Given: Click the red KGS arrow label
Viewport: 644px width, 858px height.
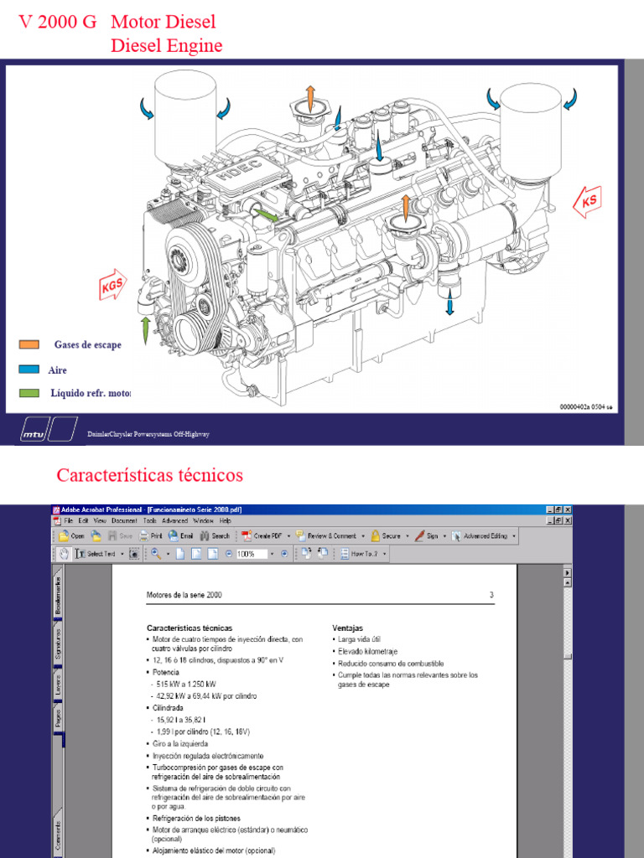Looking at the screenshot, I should point(112,285).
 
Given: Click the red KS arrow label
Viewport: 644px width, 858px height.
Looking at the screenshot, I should point(589,201).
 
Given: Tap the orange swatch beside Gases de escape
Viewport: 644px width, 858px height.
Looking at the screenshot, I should point(29,344).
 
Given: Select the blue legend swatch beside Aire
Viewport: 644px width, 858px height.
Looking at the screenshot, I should point(29,369).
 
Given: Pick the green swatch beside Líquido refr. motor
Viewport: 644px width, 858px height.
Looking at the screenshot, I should point(29,392).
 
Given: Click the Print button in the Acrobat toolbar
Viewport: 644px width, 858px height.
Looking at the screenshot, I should point(151,535).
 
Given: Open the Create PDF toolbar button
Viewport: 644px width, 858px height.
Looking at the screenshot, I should point(265,535).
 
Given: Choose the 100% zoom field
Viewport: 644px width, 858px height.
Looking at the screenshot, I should point(250,554).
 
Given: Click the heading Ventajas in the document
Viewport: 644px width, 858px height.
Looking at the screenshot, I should point(348,627).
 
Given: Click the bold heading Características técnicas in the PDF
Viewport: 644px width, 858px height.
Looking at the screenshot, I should point(190,627).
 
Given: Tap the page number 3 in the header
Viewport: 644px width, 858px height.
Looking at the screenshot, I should point(491,595).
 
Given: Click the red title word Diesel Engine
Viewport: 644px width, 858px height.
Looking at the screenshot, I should point(166,44).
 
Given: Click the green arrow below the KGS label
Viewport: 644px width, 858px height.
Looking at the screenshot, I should point(145,328).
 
